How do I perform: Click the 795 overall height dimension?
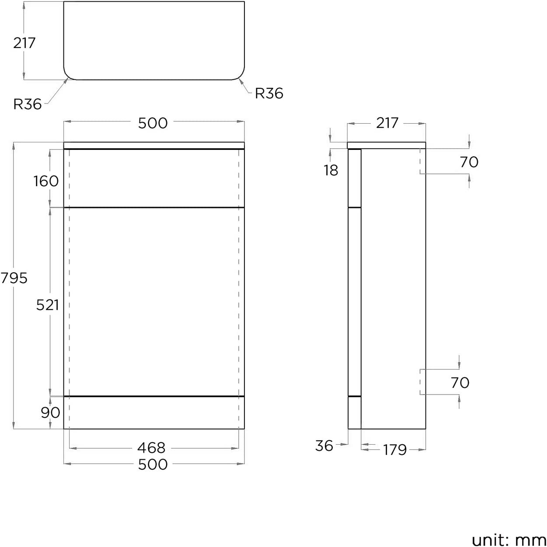pos(14,278)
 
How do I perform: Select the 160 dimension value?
pos(46,181)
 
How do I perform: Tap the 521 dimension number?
pos(47,305)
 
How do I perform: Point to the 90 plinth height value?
pos(50,412)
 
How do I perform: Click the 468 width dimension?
pos(151,448)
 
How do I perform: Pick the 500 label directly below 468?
pos(153,464)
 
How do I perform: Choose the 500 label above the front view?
pos(153,123)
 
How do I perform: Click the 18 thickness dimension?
pos(331,170)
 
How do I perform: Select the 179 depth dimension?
pos(395,450)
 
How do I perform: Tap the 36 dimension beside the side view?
pos(324,446)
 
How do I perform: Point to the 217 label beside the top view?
pos(24,43)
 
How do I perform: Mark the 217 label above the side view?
pos(387,123)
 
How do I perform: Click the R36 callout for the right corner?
pos(269,93)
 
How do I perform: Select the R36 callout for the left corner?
pos(28,104)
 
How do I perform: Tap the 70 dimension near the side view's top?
pos(469,162)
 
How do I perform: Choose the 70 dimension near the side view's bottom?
pos(460,383)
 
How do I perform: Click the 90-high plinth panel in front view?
pos(154,413)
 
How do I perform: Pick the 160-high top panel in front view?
pos(154,178)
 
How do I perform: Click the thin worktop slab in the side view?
pos(387,145)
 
